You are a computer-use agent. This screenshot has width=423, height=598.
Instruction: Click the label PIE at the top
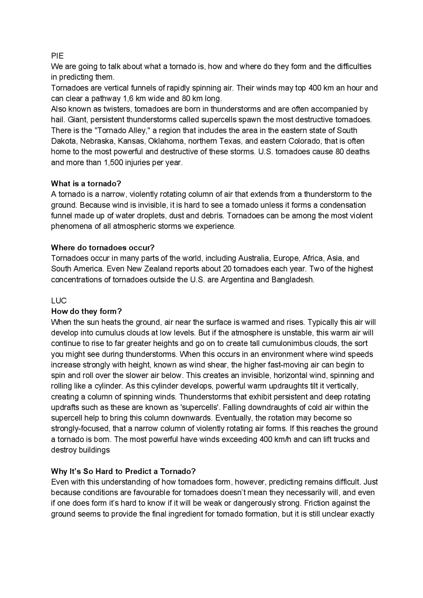point(57,56)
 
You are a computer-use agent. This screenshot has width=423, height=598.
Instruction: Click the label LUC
point(59,301)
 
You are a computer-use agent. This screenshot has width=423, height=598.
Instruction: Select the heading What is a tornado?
point(86,183)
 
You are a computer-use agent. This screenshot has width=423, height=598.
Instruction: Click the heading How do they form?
point(87,311)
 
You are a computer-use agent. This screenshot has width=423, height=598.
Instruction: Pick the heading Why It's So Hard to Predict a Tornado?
point(124,471)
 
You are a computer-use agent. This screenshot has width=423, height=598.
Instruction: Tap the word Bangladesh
point(292,280)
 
